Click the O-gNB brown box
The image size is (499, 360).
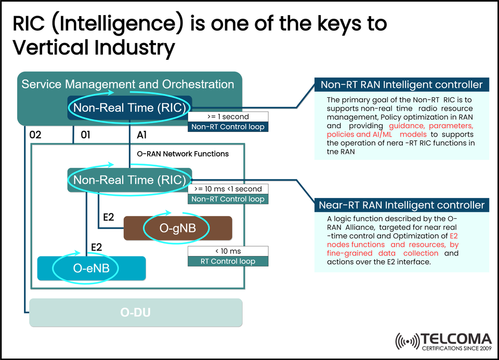(x=177, y=228)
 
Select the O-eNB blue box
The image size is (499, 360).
(x=91, y=269)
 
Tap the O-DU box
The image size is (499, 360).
(x=136, y=313)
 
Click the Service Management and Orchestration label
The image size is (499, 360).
(x=128, y=84)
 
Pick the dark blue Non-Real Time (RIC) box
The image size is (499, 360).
(x=129, y=108)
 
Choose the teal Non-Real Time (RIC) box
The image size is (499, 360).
(x=129, y=180)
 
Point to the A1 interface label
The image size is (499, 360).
(x=142, y=136)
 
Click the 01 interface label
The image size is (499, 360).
(x=85, y=136)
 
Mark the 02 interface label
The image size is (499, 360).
(x=35, y=136)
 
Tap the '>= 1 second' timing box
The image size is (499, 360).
(x=228, y=117)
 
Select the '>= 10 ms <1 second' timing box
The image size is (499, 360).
(x=228, y=189)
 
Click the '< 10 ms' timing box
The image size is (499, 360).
(x=228, y=251)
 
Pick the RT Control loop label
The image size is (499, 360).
(x=228, y=261)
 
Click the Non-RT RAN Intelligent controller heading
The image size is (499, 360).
(x=402, y=85)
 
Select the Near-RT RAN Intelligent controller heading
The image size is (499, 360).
(x=402, y=205)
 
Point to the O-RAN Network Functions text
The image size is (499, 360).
(x=182, y=154)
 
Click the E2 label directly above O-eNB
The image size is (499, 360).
(x=96, y=247)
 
